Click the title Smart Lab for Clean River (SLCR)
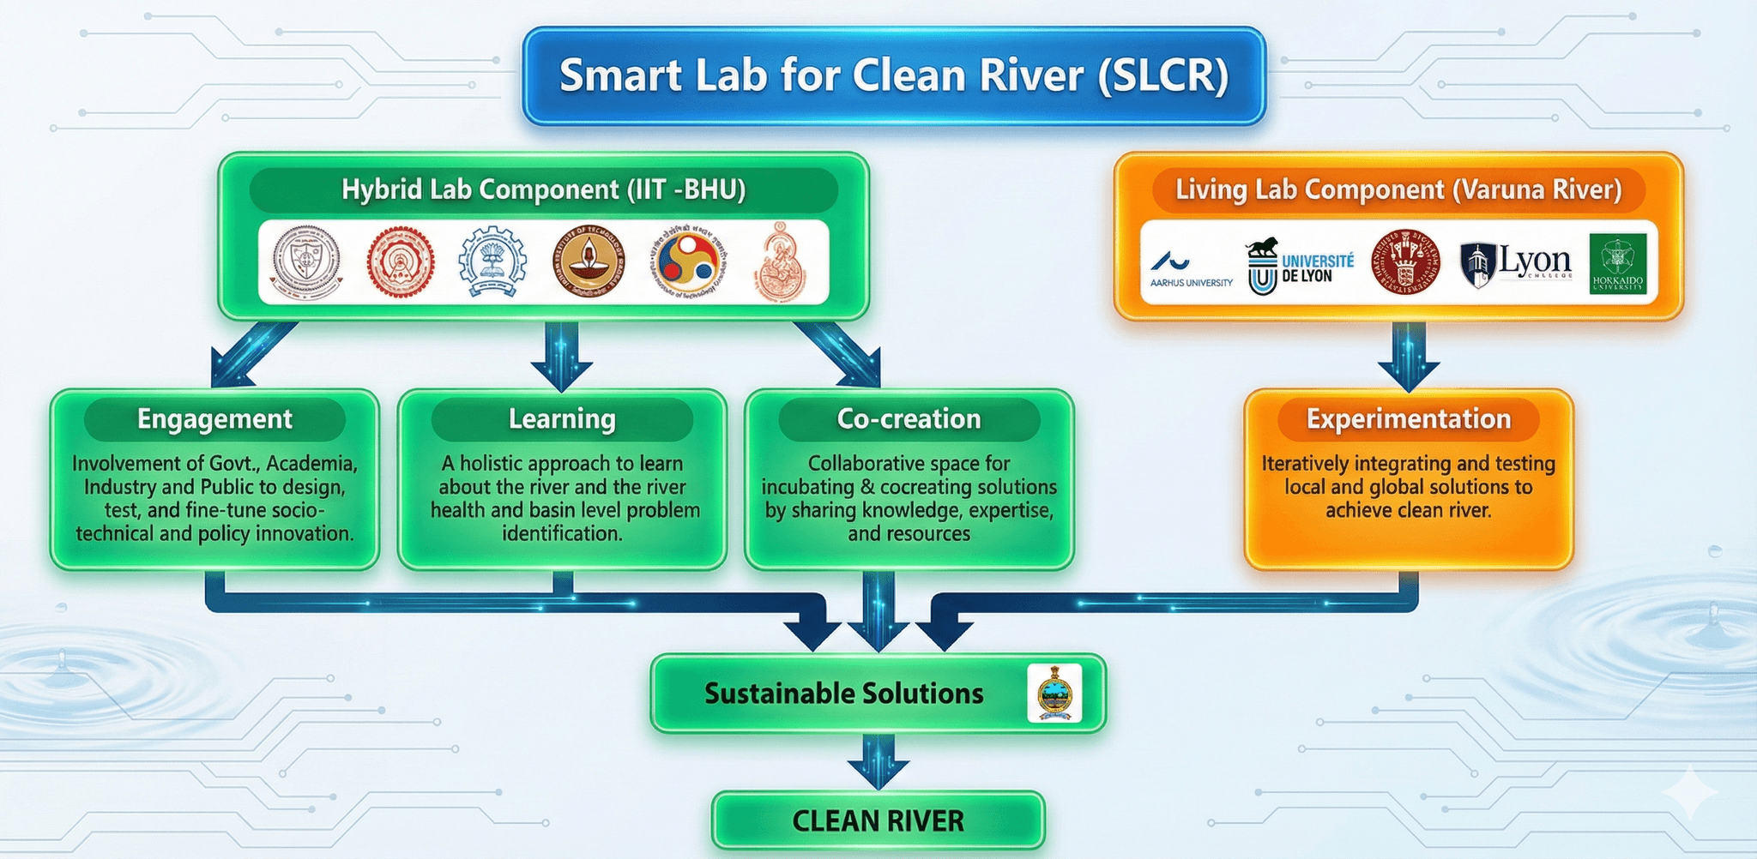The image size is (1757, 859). (894, 75)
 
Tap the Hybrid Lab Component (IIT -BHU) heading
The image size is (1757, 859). (543, 189)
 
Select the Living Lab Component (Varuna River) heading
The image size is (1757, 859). (1398, 189)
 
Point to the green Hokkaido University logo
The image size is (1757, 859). (1617, 263)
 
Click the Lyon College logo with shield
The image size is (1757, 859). (1516, 263)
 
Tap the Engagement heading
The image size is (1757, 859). (214, 419)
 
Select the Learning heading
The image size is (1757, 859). (562, 419)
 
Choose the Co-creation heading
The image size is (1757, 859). (909, 419)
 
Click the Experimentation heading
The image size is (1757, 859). (1408, 419)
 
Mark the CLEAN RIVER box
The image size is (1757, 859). (878, 820)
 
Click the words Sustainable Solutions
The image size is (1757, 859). (843, 694)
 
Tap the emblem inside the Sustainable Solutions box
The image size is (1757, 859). (1054, 694)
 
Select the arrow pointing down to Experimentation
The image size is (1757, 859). (1408, 356)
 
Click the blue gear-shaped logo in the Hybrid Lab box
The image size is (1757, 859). (492, 262)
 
